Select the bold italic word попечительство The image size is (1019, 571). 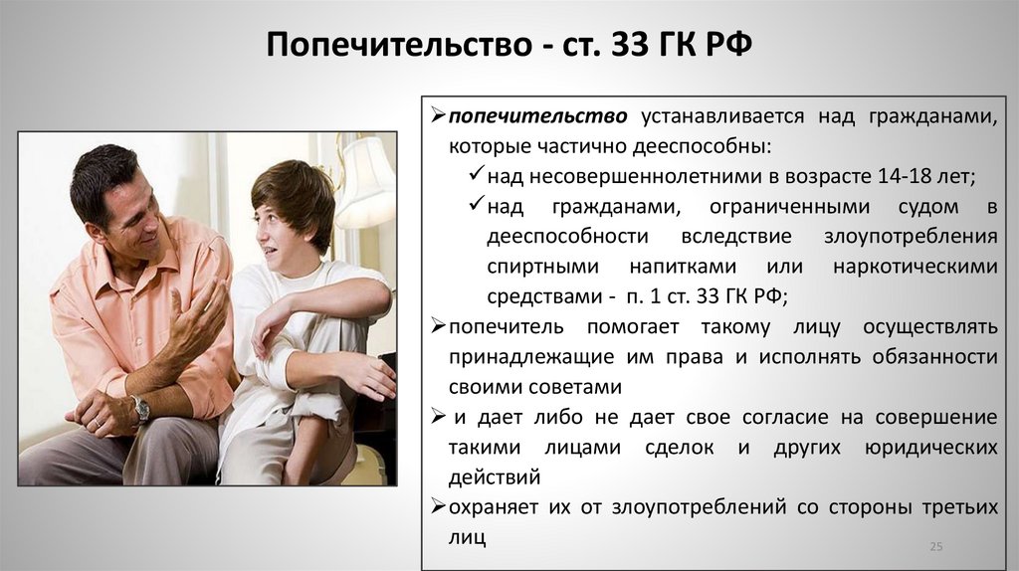(x=537, y=116)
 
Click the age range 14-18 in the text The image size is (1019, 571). (x=874, y=177)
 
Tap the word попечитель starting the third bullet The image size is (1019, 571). (x=507, y=326)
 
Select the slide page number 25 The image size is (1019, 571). (x=935, y=546)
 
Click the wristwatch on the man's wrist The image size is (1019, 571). (x=140, y=407)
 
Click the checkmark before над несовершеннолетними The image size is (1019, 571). (x=476, y=176)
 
